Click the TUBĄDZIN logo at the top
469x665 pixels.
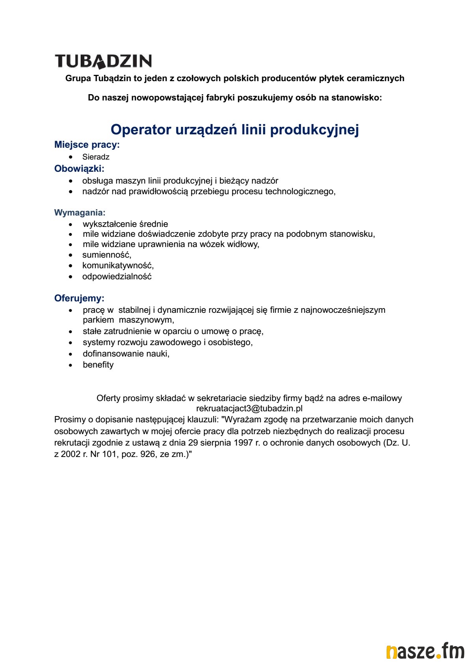(x=103, y=61)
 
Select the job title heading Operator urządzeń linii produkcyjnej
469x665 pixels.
(x=234, y=130)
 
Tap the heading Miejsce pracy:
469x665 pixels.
(x=87, y=145)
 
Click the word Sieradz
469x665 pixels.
(x=96, y=157)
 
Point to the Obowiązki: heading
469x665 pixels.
(x=79, y=169)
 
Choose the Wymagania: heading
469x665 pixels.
(x=80, y=213)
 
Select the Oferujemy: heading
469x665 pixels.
(x=79, y=298)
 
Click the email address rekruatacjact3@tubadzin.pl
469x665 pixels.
(x=249, y=409)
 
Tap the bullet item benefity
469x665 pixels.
(x=98, y=365)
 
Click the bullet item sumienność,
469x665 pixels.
(x=107, y=255)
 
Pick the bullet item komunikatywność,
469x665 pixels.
(x=118, y=266)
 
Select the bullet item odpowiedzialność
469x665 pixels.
(x=117, y=277)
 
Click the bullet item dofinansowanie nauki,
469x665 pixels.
(x=126, y=354)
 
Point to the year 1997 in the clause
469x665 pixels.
(x=243, y=442)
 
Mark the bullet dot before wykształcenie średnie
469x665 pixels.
(x=71, y=225)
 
